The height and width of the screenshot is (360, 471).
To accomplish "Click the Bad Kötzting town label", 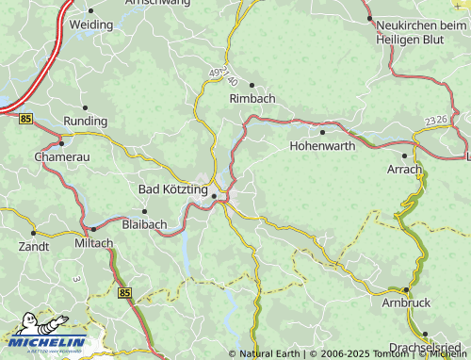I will point(172,189).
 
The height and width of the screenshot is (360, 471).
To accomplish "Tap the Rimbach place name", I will point(252,97).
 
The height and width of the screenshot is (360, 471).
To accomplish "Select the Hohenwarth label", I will point(323,146).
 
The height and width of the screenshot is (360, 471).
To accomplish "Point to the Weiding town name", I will point(91,24).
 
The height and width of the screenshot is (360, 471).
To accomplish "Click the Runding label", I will point(86,122).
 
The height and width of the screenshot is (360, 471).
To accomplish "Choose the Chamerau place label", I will point(61,156).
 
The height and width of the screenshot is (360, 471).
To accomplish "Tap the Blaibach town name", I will point(145,224).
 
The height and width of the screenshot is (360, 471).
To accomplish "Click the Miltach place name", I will point(92,242).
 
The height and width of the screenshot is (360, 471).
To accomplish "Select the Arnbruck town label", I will point(406,303).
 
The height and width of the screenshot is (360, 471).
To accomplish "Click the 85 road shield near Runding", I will point(24,118).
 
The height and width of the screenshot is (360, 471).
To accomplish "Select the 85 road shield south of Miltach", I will point(126,294).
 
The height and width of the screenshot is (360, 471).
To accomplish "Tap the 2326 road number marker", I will point(436,121).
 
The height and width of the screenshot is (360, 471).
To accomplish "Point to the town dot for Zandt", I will point(34,232).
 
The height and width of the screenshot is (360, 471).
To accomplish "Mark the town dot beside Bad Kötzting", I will point(215,196).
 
